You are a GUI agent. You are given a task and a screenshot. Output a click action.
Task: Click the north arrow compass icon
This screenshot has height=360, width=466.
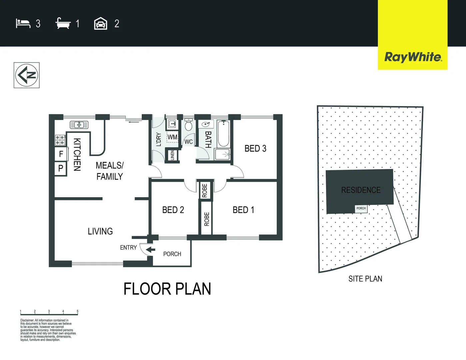(27, 75)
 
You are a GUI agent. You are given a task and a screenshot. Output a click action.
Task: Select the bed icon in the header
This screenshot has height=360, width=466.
(23, 24)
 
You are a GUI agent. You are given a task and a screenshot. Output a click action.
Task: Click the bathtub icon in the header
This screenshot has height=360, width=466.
(63, 24)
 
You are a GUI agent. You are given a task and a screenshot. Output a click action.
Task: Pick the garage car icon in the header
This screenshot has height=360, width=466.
(100, 24)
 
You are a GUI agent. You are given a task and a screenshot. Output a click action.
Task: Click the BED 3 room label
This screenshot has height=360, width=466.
(255, 149)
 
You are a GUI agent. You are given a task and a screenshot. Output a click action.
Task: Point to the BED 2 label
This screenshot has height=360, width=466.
(173, 210)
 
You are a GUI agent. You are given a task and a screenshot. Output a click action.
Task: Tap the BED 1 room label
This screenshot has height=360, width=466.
(243, 210)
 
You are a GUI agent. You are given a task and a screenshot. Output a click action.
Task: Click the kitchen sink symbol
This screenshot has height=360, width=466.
(79, 125)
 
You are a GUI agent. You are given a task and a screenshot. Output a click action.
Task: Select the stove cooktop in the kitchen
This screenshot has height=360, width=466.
(60, 140)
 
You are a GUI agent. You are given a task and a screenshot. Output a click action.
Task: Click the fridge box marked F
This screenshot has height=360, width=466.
(61, 154)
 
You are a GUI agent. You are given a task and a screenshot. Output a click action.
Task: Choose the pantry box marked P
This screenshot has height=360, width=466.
(61, 168)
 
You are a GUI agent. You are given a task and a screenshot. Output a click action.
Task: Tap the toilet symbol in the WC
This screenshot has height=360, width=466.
(188, 125)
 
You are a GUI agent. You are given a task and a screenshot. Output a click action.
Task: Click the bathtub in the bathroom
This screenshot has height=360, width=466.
(223, 134)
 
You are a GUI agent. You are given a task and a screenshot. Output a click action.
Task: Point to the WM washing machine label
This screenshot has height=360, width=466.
(172, 137)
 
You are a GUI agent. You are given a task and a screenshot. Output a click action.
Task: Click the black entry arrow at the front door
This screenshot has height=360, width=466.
(151, 250)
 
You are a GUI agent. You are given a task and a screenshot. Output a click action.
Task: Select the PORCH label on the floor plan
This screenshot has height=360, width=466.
(172, 254)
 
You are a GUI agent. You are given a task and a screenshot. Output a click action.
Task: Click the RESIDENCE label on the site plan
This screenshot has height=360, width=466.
(361, 190)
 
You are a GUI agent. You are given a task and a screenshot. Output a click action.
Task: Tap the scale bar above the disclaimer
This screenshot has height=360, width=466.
(49, 314)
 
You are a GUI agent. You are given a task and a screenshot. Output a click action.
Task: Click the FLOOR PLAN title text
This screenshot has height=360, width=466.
(167, 289)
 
